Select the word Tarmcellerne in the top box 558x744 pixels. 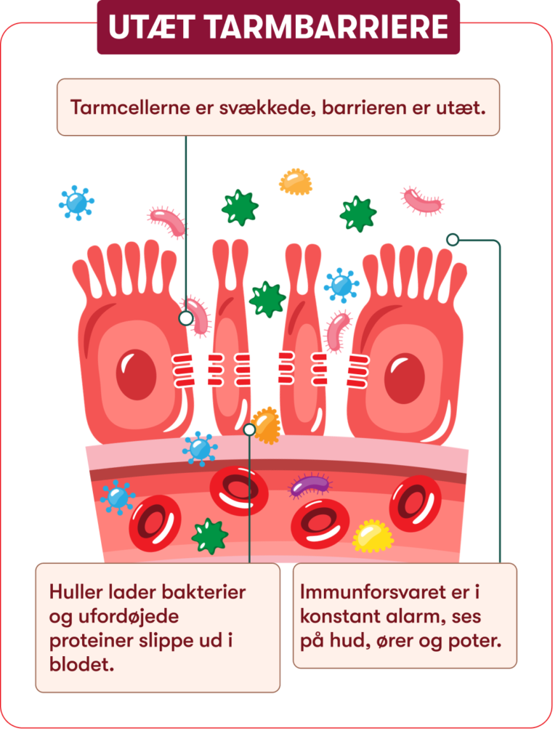(x=131, y=108)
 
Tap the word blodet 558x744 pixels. (x=81, y=665)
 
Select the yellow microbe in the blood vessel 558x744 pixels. (x=373, y=536)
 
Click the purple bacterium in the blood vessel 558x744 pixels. (x=310, y=485)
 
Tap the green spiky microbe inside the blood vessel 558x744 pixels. (x=210, y=536)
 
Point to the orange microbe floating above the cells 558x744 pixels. (x=296, y=182)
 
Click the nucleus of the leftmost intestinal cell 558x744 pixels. (x=136, y=374)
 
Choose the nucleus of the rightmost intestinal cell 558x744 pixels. (x=405, y=379)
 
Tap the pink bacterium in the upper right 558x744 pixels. (x=422, y=201)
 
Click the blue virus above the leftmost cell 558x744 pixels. (x=76, y=203)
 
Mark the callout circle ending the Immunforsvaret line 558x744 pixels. (x=453, y=240)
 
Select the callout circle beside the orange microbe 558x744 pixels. (x=250, y=430)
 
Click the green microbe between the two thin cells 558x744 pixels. (x=267, y=299)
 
